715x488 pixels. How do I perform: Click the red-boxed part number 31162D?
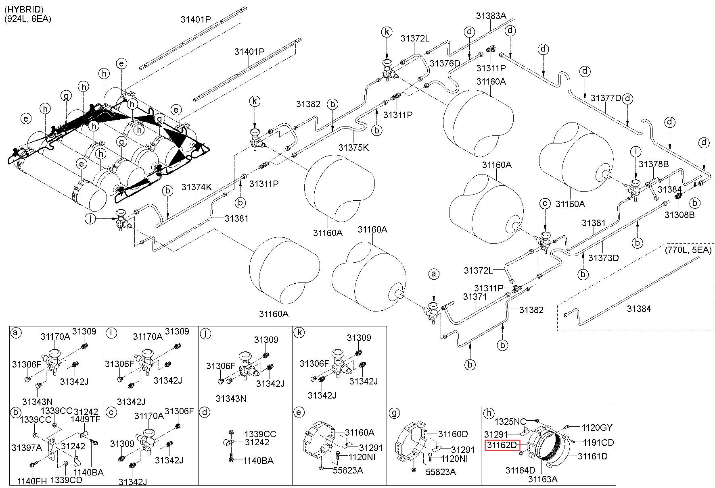pos(502,445)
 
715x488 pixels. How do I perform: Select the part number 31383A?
pos(491,16)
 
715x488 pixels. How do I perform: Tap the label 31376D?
pos(445,63)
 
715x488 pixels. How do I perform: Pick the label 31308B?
pos(679,215)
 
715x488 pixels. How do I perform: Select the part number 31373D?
pos(603,258)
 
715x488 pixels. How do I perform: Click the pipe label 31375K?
pos(353,147)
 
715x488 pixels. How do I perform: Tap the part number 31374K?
pos(197,187)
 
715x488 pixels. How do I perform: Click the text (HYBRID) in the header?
pos(24,9)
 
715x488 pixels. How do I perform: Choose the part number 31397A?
pos(27,447)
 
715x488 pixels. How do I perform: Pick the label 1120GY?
pos(597,428)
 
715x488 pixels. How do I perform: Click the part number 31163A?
pos(543,479)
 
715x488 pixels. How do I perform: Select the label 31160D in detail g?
pos(453,434)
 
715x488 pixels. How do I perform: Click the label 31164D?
pos(520,470)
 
